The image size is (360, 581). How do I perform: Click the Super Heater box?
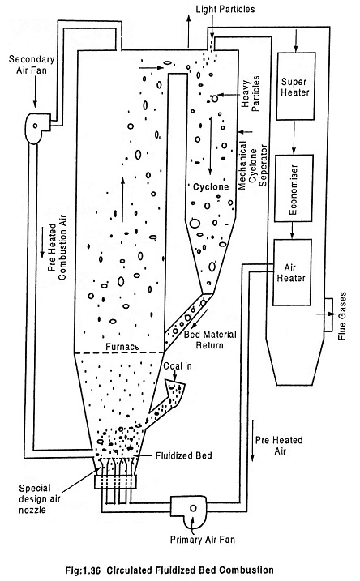[296, 86]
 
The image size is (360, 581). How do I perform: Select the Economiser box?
[294, 188]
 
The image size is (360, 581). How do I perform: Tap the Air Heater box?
[292, 272]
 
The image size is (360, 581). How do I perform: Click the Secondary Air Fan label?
[32, 64]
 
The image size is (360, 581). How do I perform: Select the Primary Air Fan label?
[203, 539]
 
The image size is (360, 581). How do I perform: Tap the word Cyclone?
[211, 186]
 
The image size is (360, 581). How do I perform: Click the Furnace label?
[122, 347]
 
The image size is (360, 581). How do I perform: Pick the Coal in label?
[178, 366]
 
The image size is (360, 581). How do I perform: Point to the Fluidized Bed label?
[184, 455]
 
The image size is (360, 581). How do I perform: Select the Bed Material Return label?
[210, 340]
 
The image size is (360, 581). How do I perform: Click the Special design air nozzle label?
[39, 498]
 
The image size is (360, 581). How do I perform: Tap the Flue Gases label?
[342, 316]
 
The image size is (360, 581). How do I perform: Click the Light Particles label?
[225, 9]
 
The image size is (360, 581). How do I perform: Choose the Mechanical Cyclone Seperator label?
[253, 165]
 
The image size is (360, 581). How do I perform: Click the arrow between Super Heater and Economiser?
[294, 137]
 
